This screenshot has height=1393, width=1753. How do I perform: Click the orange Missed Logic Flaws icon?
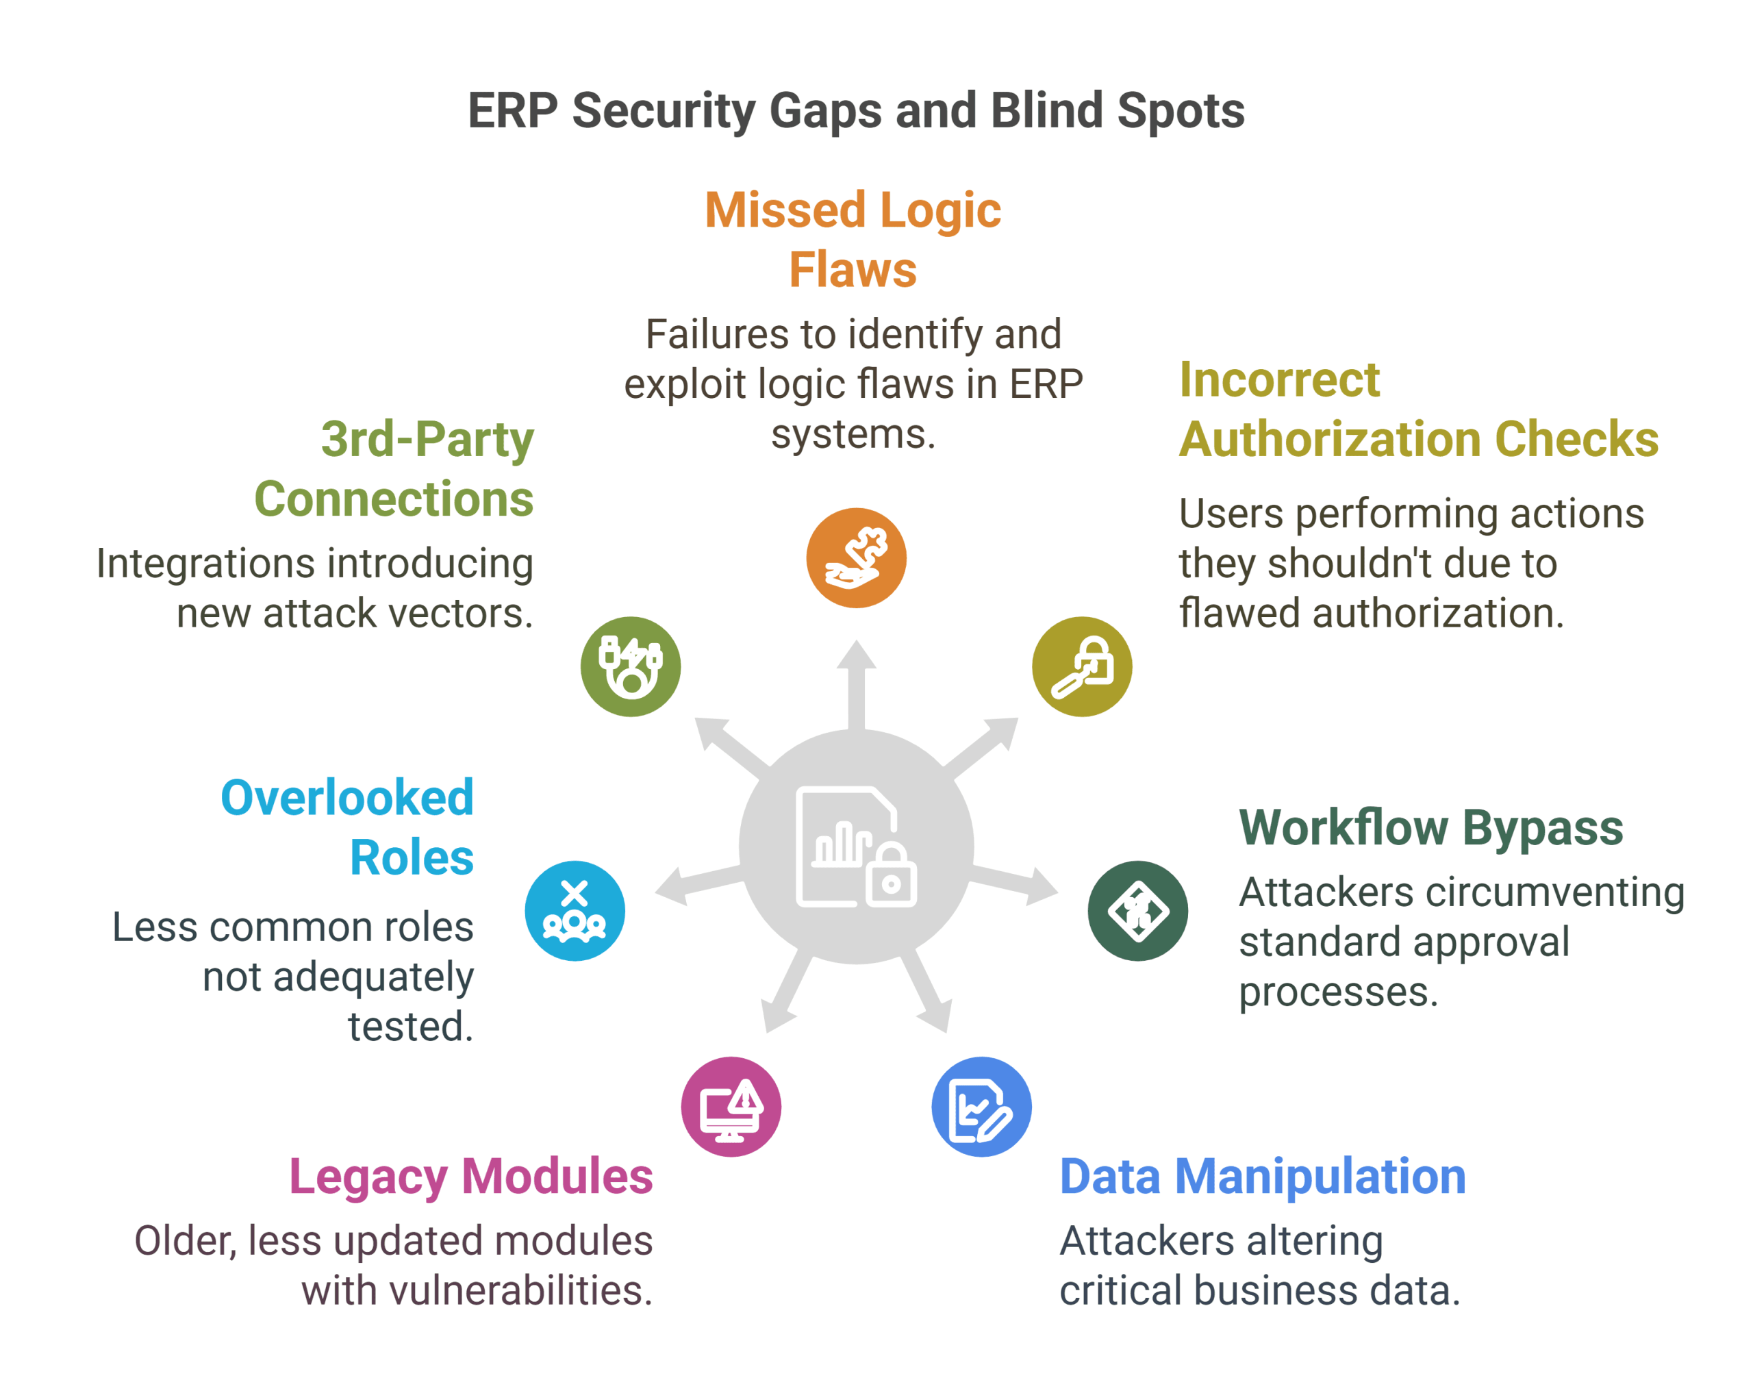[856, 558]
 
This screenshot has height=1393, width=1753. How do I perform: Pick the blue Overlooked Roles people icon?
[574, 911]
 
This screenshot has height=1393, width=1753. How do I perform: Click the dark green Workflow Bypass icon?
[1137, 911]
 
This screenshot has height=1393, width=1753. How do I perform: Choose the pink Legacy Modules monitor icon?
[730, 1106]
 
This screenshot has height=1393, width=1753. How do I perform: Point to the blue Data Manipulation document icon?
[981, 1106]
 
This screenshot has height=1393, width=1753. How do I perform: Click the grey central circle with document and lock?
[856, 846]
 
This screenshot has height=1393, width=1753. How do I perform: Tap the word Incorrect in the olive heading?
[1279, 380]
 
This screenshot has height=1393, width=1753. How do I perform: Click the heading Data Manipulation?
[1262, 1176]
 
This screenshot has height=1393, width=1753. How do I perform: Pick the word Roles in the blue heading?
[412, 857]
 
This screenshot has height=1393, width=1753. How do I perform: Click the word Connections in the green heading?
[394, 499]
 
